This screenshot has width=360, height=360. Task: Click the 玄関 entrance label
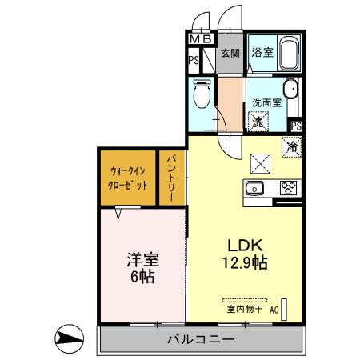pos(230,54)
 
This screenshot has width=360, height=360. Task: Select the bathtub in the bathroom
pos(286,53)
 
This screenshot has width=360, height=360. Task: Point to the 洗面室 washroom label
pos(266,102)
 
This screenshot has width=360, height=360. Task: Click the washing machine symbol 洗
pos(258,122)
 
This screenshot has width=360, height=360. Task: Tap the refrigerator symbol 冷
pos(291,146)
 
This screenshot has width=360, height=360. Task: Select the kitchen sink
pos(256,189)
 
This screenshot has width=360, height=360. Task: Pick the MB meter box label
pos(201,38)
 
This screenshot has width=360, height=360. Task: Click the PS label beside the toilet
pos(194,59)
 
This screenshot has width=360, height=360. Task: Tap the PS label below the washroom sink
pos(296,126)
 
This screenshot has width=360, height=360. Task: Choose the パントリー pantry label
pos(172,178)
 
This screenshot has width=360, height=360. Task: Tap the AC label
pos(274,309)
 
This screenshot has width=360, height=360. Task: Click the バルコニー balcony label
pos(201,339)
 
